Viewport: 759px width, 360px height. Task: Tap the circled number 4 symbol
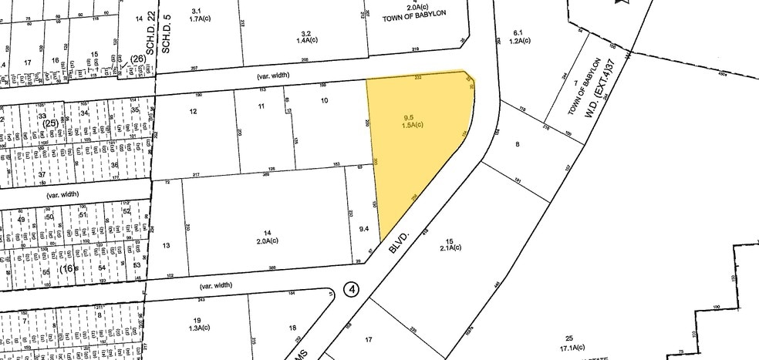pyautogui.click(x=353, y=290)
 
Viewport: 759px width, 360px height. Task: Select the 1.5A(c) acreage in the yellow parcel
pyautogui.click(x=410, y=126)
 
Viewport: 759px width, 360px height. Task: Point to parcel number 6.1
pyautogui.click(x=518, y=32)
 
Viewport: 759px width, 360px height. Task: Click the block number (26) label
pyautogui.click(x=137, y=59)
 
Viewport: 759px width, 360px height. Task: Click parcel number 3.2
pyautogui.click(x=305, y=33)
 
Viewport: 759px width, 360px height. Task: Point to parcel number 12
pyautogui.click(x=194, y=112)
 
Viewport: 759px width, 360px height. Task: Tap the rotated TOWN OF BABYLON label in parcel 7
pyautogui.click(x=584, y=86)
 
